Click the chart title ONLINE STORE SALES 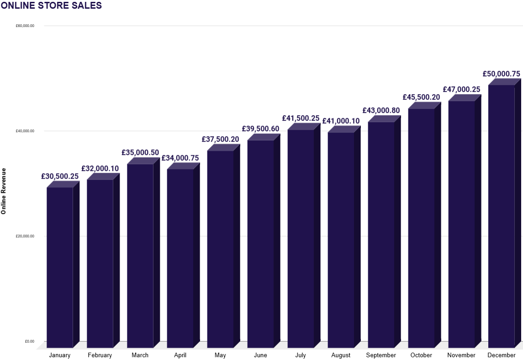coord(51,6)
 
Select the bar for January coord(60,267)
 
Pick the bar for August coord(341,240)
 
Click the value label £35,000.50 coord(140,153)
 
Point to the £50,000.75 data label coord(501,74)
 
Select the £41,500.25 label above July coord(301,118)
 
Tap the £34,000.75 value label coord(180,158)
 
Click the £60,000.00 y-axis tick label coord(25,26)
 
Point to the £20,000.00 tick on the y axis coord(25,236)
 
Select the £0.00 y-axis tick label coord(29,341)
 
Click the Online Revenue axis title coord(4,191)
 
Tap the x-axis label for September coord(381,355)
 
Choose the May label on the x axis coord(220,355)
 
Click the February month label coord(100,355)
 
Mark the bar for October coord(421,228)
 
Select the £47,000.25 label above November coord(461,90)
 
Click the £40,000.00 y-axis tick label coord(25,131)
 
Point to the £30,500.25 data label coord(60,176)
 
